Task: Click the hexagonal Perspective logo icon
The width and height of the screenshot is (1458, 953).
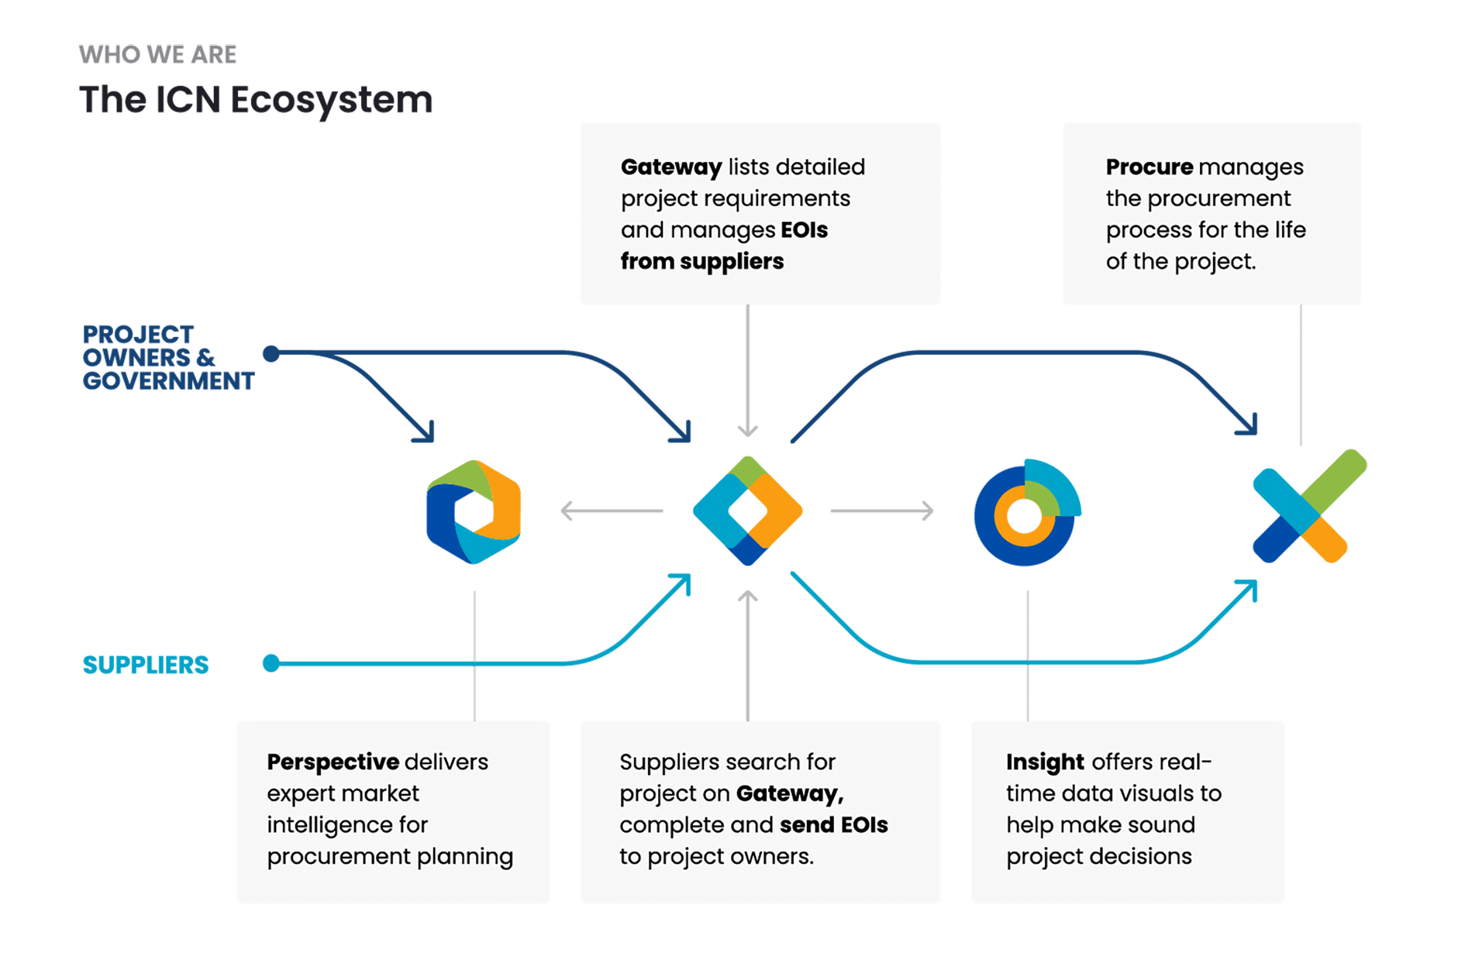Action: coord(474,511)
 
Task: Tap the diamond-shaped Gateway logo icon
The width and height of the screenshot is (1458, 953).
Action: coord(747,511)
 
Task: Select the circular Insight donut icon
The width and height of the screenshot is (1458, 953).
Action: coord(1026,512)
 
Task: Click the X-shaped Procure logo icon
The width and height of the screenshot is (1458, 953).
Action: coord(1309,507)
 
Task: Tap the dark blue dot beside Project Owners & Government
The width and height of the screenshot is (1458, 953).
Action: coord(271,354)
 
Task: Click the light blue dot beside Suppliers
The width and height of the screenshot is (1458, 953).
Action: coord(271,663)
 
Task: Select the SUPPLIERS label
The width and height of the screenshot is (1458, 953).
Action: coord(146,665)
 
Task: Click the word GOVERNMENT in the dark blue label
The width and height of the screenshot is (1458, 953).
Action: coord(168,381)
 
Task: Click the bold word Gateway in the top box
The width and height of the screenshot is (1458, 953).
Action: coord(670,167)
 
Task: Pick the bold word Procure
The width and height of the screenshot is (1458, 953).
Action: coord(1149,167)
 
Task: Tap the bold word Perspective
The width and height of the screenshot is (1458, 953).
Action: coord(333,762)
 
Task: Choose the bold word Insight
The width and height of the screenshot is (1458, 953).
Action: coord(1045,762)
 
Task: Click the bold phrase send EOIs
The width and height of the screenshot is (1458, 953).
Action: coord(833,825)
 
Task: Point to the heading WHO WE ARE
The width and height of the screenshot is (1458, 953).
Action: coord(158,55)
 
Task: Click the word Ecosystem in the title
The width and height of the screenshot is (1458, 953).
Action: coord(331,101)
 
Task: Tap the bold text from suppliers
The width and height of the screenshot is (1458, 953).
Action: coord(701,262)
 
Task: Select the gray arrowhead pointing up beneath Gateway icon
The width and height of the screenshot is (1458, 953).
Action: coord(747,597)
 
